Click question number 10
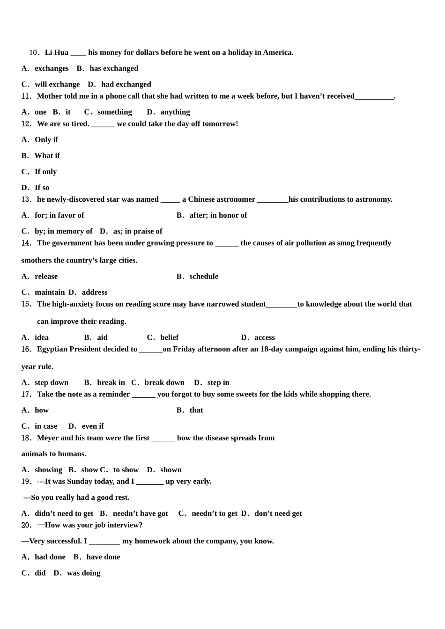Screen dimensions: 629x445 (34, 52)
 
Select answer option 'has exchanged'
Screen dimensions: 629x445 (113, 68)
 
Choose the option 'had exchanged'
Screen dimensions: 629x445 (126, 84)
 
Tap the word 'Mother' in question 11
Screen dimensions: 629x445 (49, 96)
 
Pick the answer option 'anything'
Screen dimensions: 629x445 (175, 112)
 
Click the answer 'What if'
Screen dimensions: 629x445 (47, 155)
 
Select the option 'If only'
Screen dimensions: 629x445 (45, 171)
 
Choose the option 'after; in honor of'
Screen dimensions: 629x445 (218, 215)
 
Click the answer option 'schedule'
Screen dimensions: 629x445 (204, 277)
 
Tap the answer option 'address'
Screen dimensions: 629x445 (94, 293)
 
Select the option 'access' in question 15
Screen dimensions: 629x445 (264, 337)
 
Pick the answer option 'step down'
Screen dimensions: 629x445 (51, 383)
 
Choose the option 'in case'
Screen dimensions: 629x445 (45, 426)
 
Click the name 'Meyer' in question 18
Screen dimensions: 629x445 (48, 438)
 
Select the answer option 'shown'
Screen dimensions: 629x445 (171, 470)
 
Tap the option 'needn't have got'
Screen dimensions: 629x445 (140, 513)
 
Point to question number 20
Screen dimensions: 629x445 (27, 525)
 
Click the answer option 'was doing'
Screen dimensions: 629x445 (83, 573)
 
